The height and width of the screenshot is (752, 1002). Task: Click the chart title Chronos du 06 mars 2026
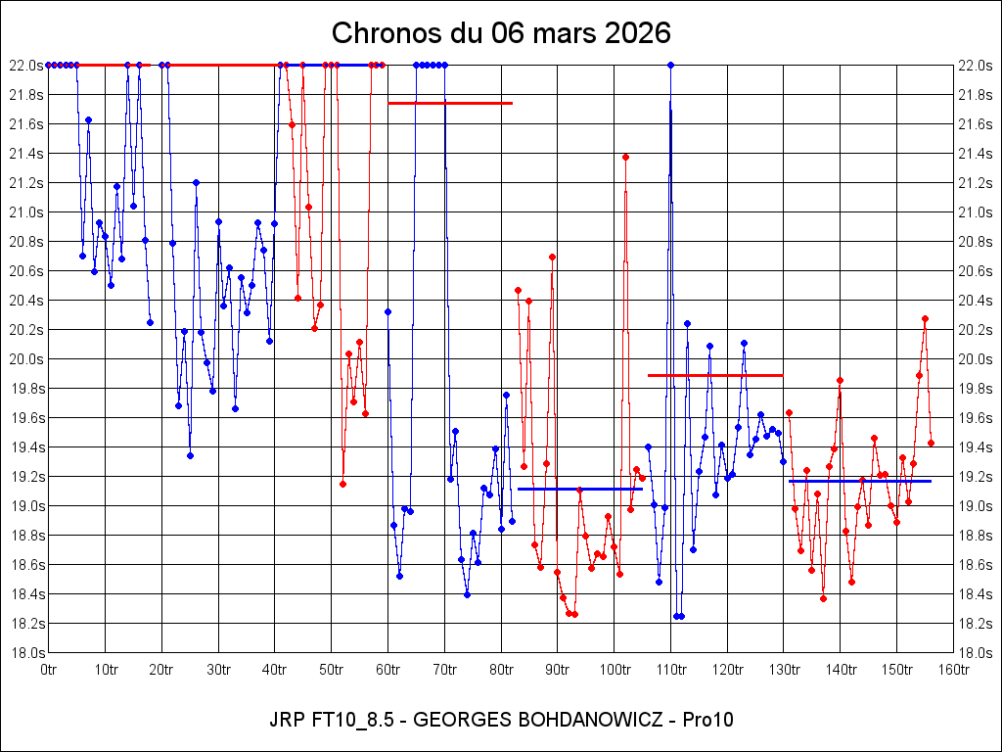pos(501,32)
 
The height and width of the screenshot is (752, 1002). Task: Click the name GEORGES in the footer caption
pos(459,720)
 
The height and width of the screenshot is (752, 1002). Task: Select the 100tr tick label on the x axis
pos(614,671)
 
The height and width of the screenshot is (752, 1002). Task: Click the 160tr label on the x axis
pos(953,671)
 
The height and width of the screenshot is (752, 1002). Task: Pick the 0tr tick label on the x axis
pos(49,671)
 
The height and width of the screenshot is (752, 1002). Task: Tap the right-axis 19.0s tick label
pos(978,506)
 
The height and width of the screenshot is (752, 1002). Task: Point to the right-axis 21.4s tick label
pos(978,154)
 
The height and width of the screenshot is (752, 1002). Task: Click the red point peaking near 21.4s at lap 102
pos(625,157)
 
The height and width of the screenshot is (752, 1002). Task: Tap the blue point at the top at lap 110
pos(670,66)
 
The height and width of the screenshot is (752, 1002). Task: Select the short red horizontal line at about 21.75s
pos(450,103)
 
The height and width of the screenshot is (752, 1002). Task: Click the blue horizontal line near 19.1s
pos(579,489)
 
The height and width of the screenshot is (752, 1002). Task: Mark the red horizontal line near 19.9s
pos(715,375)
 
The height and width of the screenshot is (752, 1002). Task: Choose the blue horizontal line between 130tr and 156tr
pos(859,481)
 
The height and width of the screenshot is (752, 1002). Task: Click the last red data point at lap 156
pos(931,443)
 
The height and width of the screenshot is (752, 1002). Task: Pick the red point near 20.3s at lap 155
pos(925,318)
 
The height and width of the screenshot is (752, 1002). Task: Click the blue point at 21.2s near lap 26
pos(196,182)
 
